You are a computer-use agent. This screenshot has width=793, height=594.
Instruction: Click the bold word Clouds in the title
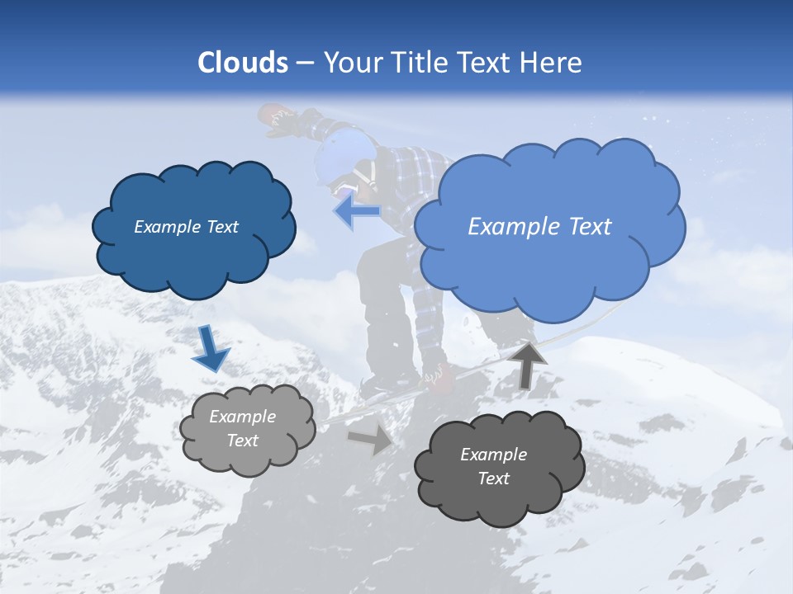pyautogui.click(x=243, y=63)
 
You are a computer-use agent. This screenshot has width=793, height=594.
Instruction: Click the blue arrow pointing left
pyautogui.click(x=357, y=212)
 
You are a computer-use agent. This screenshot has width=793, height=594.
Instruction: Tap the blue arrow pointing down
pyautogui.click(x=210, y=347)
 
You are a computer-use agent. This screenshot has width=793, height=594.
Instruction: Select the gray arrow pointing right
pyautogui.click(x=371, y=438)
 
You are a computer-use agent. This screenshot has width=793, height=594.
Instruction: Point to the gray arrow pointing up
pyautogui.click(x=529, y=364)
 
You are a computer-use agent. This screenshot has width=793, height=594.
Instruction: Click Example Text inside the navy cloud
pyautogui.click(x=186, y=227)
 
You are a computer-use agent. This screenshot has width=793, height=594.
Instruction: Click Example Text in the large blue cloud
pyautogui.click(x=539, y=227)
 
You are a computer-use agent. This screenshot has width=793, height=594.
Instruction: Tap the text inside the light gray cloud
pyautogui.click(x=242, y=428)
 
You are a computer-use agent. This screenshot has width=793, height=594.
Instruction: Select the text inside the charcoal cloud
pyautogui.click(x=493, y=466)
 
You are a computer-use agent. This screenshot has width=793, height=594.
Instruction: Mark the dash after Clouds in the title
pyautogui.click(x=304, y=63)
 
